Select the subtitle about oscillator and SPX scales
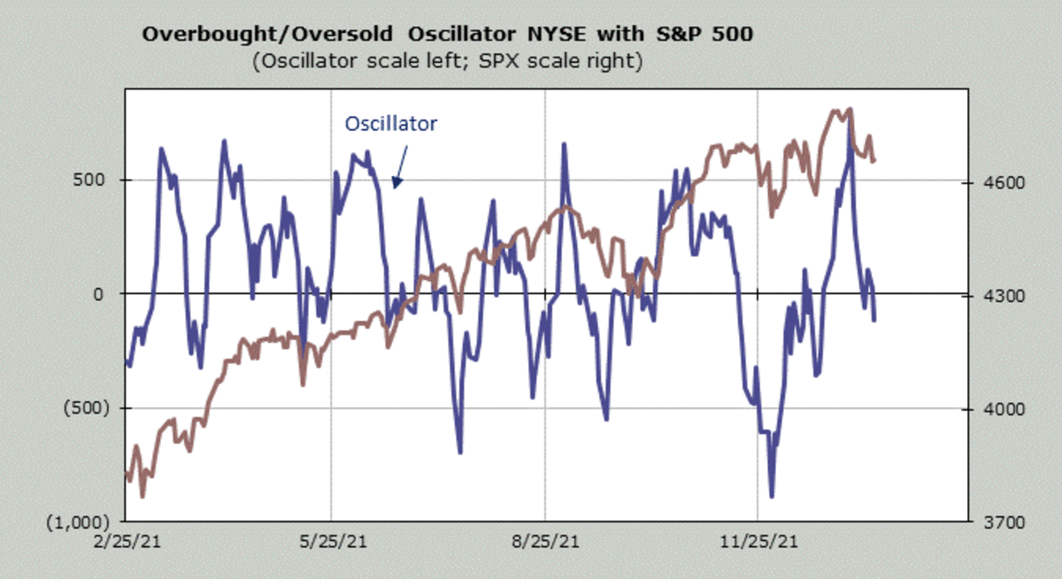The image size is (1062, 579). tap(446, 62)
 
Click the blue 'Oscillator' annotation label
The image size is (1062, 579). tap(390, 123)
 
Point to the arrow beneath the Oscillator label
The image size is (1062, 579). tap(398, 166)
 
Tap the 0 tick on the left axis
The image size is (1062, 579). tap(100, 294)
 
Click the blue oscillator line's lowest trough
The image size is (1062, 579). tap(772, 496)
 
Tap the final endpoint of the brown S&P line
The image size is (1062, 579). tap(874, 160)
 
